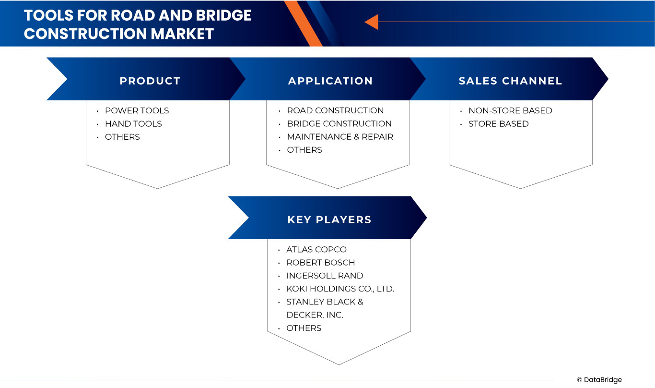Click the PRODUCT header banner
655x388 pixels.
click(150, 81)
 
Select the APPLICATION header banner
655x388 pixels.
click(330, 81)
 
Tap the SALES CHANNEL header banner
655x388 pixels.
click(510, 81)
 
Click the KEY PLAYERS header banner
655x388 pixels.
click(329, 219)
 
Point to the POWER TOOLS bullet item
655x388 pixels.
click(137, 110)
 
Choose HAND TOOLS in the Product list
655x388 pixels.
click(133, 123)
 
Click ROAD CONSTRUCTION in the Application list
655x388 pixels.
click(335, 110)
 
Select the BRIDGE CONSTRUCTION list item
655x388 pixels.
click(339, 123)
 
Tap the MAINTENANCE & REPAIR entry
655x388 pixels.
click(340, 137)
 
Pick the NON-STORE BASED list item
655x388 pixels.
click(510, 110)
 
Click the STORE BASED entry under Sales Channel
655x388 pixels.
click(498, 123)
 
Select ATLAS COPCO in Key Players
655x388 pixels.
click(316, 249)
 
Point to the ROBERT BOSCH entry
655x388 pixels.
click(320, 263)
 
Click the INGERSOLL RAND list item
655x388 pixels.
click(325, 276)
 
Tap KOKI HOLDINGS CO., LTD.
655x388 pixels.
click(340, 289)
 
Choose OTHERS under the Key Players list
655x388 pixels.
click(304, 328)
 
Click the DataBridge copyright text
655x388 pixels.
click(599, 380)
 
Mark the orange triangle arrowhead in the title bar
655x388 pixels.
click(372, 22)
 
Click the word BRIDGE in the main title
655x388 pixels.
click(223, 15)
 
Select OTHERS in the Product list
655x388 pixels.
click(122, 137)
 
